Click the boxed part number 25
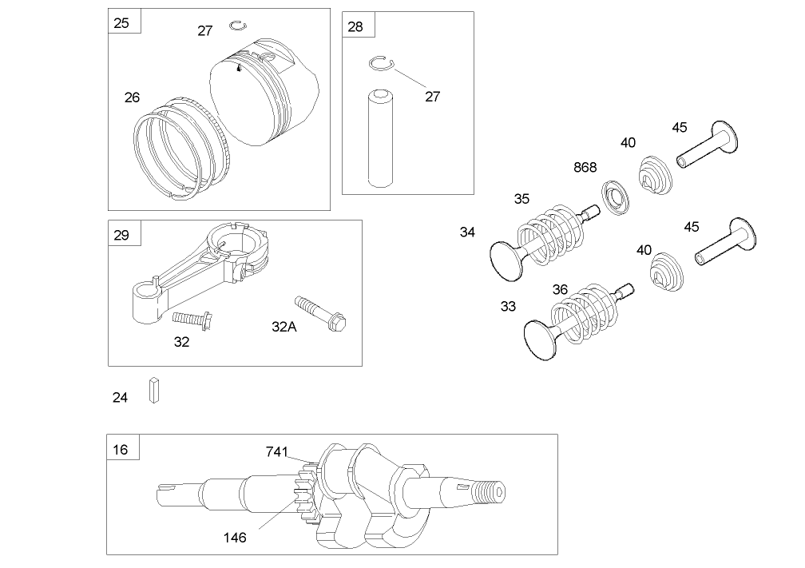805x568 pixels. click(x=121, y=22)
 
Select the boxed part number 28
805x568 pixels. click(x=355, y=26)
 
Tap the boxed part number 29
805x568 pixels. click(x=121, y=235)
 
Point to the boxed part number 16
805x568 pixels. click(x=121, y=449)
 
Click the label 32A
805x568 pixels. click(x=284, y=326)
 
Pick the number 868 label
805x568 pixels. click(x=585, y=168)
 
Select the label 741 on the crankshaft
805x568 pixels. click(x=276, y=452)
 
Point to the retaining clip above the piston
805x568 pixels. click(x=237, y=26)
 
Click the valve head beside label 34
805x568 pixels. click(x=506, y=260)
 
